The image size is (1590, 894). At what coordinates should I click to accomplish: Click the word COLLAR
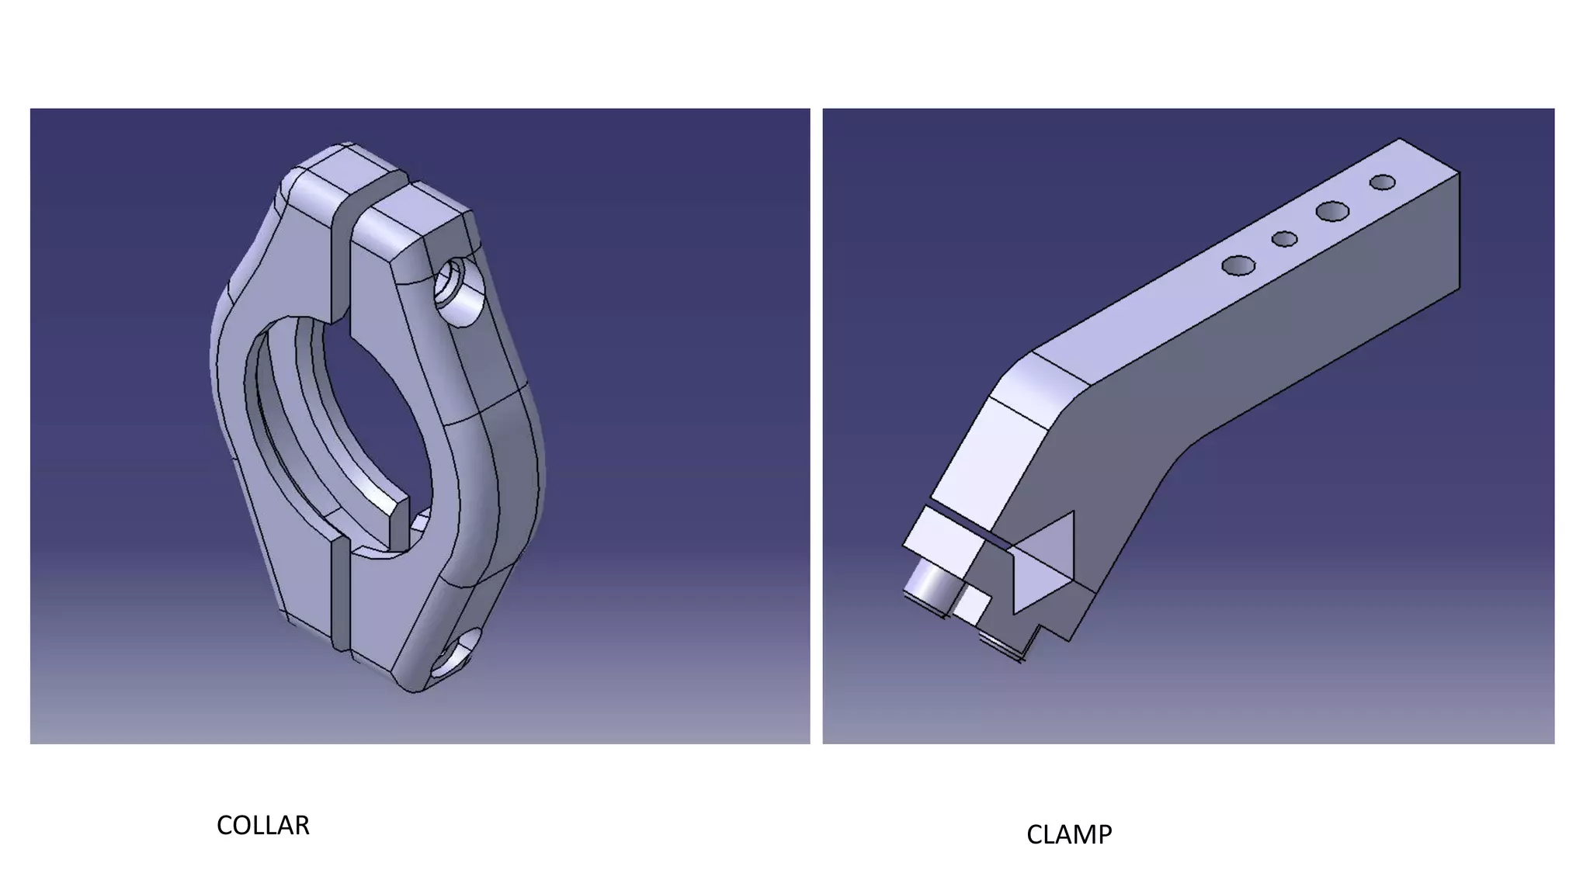(x=262, y=825)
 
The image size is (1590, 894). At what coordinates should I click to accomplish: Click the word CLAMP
(x=1068, y=834)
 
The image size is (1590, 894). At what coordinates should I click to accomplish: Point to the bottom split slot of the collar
(x=339, y=594)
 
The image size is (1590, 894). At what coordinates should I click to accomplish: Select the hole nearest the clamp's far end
(x=1382, y=182)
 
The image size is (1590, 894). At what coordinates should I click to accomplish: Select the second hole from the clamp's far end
(x=1332, y=210)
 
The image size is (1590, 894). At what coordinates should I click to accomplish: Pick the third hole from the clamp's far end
(x=1284, y=239)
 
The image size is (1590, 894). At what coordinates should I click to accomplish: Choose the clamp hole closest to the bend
(x=1238, y=266)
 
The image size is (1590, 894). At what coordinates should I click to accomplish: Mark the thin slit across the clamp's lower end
(x=963, y=521)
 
